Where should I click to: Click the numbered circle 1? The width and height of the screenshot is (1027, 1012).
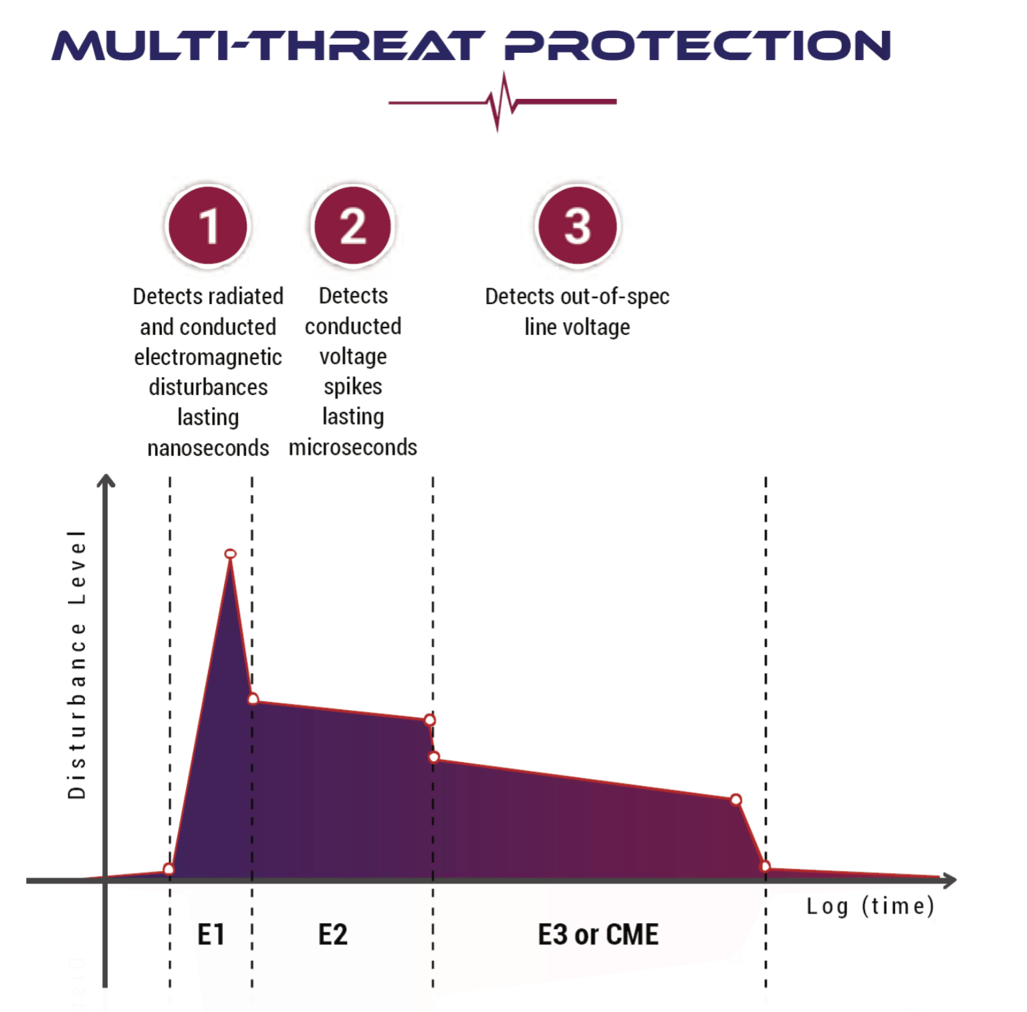coord(208,226)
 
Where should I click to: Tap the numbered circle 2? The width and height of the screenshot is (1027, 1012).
coord(352,226)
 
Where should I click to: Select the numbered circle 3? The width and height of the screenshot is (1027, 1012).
coord(577,226)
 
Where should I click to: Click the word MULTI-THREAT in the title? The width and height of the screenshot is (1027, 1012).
coord(267,45)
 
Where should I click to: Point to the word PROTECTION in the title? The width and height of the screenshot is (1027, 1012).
coord(698,45)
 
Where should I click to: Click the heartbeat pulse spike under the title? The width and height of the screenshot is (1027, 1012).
coord(501,102)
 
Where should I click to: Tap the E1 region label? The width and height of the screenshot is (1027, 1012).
coord(211,934)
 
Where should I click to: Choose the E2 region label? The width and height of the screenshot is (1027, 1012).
coord(333,934)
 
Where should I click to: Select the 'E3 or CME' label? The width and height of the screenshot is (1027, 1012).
coord(598,934)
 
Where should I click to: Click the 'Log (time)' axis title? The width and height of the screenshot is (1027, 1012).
coord(870,906)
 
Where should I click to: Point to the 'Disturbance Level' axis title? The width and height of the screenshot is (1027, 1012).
coord(77,664)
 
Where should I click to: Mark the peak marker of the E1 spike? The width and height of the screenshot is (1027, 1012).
coord(230,553)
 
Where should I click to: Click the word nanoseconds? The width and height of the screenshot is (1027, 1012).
coord(208,447)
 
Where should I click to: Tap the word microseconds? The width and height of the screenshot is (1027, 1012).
coord(353,447)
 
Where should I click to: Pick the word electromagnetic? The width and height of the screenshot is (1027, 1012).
coord(208,357)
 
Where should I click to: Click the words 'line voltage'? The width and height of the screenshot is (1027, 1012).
coord(577,327)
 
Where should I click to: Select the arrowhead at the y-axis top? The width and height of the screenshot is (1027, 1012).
coord(106,481)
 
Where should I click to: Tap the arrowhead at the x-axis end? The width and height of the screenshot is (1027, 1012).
coord(949,880)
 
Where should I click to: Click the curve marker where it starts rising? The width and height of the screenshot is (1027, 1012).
coord(168,869)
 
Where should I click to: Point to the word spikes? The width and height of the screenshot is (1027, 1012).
coord(353,387)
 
